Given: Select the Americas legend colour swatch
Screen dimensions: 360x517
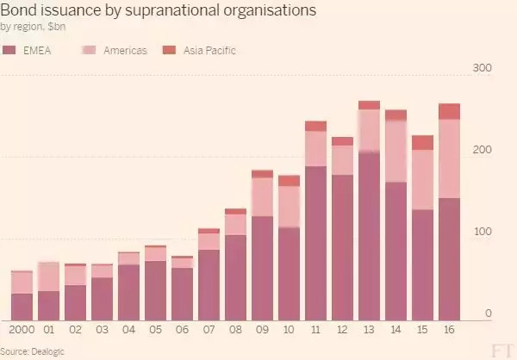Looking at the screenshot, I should [x=90, y=51].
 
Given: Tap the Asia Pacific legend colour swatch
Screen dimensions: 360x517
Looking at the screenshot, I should [x=169, y=51].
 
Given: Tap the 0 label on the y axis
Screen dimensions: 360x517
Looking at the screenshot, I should [x=489, y=313].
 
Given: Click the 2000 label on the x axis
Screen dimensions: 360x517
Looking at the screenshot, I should [x=22, y=330].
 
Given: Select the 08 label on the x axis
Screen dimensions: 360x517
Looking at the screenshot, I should [x=236, y=330].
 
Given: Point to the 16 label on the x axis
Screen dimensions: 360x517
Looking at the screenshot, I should [x=449, y=330].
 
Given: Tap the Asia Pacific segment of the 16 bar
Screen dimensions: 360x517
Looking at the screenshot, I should [x=449, y=111].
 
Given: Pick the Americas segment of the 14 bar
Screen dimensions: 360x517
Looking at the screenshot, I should [x=396, y=151].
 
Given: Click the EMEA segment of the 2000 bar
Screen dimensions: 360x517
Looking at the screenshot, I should [x=22, y=307].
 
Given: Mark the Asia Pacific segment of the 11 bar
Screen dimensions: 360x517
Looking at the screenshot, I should [x=315, y=126].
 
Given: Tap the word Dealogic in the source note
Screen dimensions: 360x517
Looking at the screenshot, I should [x=49, y=351].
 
